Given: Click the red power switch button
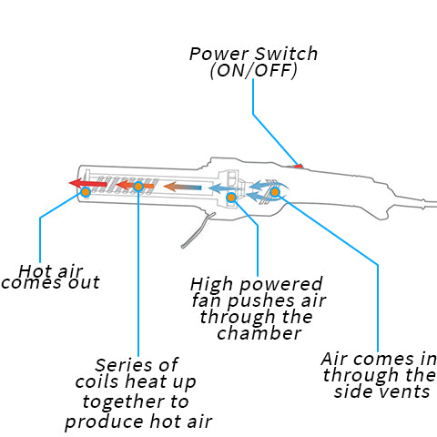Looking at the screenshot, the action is click(299, 166).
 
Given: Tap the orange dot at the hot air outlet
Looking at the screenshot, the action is click(86, 192).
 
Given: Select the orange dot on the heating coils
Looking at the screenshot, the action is click(138, 187).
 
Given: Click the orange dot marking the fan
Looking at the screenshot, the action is click(231, 198).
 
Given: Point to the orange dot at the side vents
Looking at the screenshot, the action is click(275, 192).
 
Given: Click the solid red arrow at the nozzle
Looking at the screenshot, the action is click(88, 183).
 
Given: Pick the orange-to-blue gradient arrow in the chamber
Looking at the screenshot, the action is click(182, 187).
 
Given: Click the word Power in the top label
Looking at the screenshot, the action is click(219, 54).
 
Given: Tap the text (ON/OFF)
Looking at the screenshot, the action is click(254, 70).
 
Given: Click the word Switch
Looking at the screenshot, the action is click(286, 54).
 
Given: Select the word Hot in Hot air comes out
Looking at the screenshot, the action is click(33, 270).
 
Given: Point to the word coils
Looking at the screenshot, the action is click(97, 381).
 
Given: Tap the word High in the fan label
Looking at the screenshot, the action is click(212, 285).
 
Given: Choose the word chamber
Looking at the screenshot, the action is click(259, 333).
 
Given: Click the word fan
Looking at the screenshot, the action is click(207, 300).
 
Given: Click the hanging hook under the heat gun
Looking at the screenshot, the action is click(198, 230).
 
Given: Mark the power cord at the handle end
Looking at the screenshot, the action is click(428, 203).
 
